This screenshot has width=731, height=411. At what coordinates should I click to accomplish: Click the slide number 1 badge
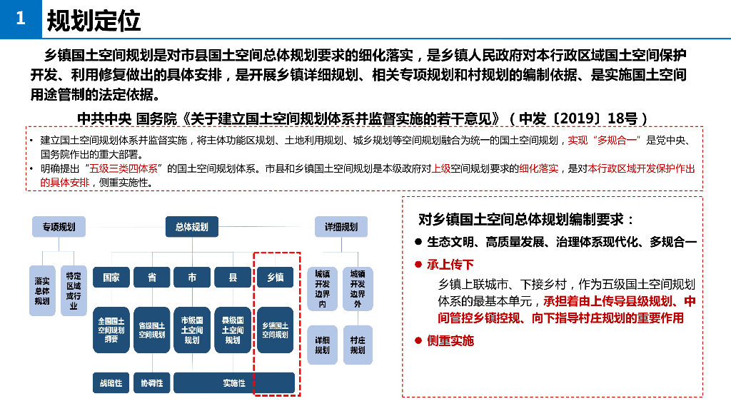(21, 20)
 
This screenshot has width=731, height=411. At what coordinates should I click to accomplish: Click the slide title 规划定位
(94, 21)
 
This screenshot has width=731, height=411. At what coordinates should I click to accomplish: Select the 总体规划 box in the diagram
(192, 227)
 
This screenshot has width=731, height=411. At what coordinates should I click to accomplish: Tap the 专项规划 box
(59, 227)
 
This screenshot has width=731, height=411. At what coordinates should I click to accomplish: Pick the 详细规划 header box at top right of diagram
(341, 227)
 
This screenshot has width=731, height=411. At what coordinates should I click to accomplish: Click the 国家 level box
(111, 278)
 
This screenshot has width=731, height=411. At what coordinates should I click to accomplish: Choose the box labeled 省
(151, 278)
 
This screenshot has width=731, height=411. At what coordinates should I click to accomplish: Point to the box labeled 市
(192, 278)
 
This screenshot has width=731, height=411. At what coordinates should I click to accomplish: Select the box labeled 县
(233, 278)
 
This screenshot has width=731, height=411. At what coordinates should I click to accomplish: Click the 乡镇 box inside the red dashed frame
(275, 278)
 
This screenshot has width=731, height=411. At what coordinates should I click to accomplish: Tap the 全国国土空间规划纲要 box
(111, 330)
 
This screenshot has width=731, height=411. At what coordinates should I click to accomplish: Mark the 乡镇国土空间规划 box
(275, 330)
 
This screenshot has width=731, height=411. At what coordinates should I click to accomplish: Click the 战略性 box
(111, 383)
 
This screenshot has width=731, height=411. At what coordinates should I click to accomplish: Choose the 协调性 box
(151, 383)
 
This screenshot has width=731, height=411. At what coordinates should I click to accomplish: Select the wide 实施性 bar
(234, 383)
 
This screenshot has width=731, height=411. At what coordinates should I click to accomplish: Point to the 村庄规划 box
(358, 345)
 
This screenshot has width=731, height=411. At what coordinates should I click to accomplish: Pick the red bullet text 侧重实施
(450, 341)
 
